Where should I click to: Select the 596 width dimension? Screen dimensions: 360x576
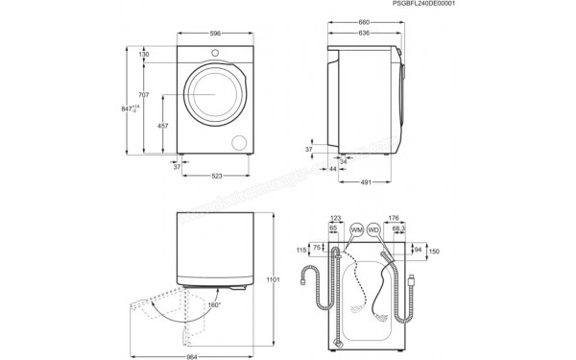pyautogui.click(x=216, y=34)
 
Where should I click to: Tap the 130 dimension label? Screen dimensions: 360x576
pyautogui.click(x=144, y=55)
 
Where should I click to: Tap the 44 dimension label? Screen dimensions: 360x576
pyautogui.click(x=332, y=167)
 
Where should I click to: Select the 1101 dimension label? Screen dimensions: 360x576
pyautogui.click(x=272, y=279)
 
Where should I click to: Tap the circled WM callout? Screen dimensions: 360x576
pyautogui.click(x=357, y=231)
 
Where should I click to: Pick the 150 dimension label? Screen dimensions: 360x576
pyautogui.click(x=434, y=252)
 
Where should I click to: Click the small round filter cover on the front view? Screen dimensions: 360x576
pyautogui.click(x=239, y=141)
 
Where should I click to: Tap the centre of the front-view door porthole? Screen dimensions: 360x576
pyautogui.click(x=209, y=95)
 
